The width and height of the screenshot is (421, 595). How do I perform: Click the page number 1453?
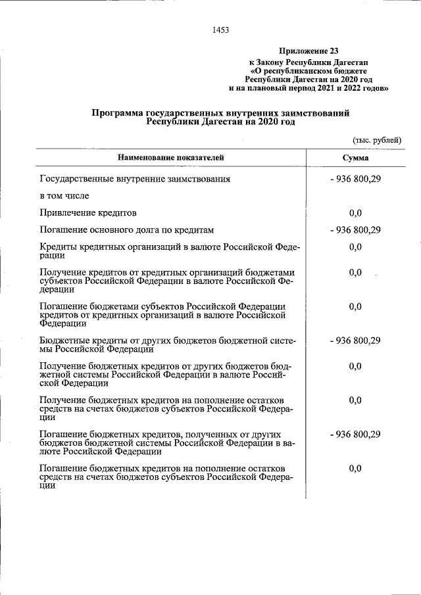(x=220, y=29)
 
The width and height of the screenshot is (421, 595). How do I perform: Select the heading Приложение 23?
(x=309, y=51)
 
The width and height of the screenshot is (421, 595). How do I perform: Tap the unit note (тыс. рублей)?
(x=377, y=141)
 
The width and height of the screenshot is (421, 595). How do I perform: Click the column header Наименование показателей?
(x=171, y=158)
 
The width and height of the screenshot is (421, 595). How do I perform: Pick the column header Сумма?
(x=355, y=158)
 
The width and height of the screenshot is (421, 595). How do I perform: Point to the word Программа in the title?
(x=120, y=113)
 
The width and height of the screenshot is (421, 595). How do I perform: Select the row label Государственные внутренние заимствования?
(x=135, y=179)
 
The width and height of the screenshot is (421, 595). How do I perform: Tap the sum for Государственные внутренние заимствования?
(x=355, y=179)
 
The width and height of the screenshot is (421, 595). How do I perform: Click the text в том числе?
(x=64, y=196)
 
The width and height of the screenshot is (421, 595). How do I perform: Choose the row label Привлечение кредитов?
(x=87, y=213)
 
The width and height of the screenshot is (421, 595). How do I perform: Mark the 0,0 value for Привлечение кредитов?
(x=355, y=213)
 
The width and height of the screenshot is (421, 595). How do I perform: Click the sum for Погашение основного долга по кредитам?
(x=355, y=230)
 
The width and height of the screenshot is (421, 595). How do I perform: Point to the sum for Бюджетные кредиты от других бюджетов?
(x=355, y=341)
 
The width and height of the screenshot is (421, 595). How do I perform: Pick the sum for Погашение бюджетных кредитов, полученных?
(x=355, y=435)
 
